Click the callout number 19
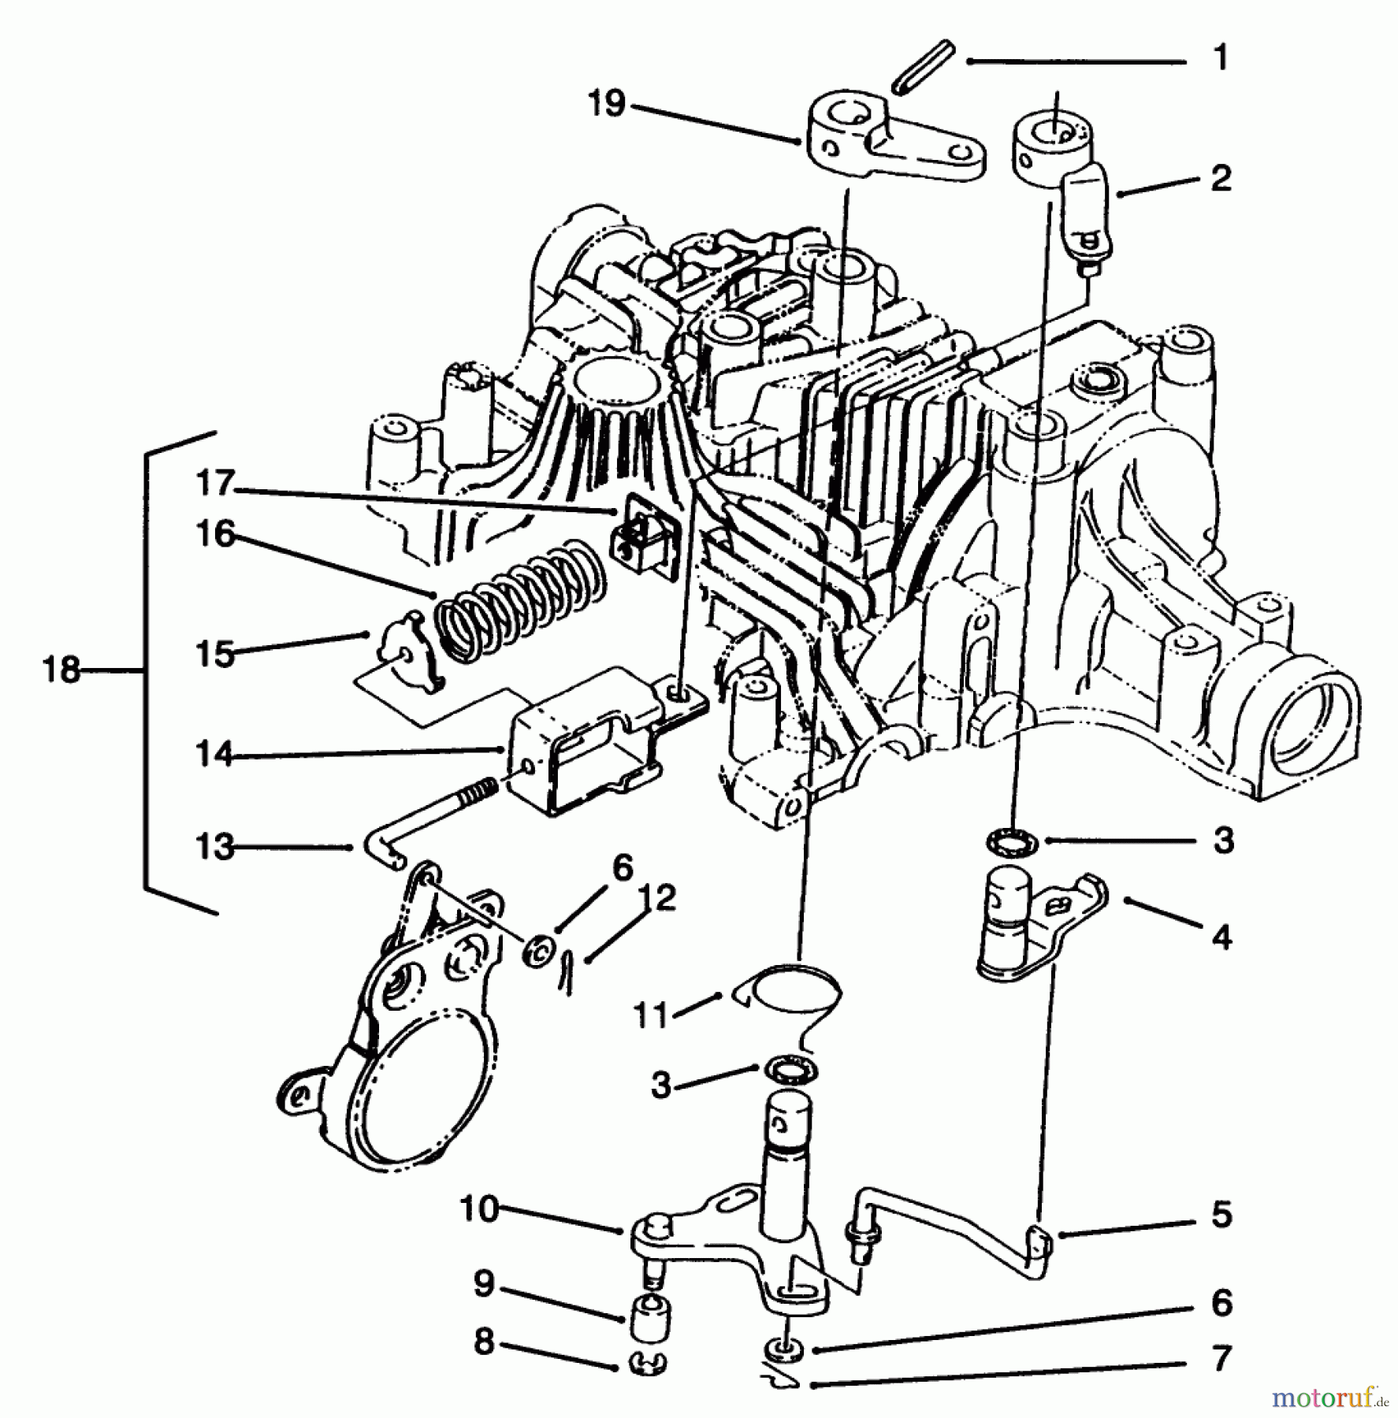coord(607,104)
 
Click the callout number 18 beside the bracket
coord(61,671)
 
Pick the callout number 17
coord(214,482)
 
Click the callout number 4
coord(1221,937)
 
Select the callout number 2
coord(1220,179)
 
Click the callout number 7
coord(1221,1359)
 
